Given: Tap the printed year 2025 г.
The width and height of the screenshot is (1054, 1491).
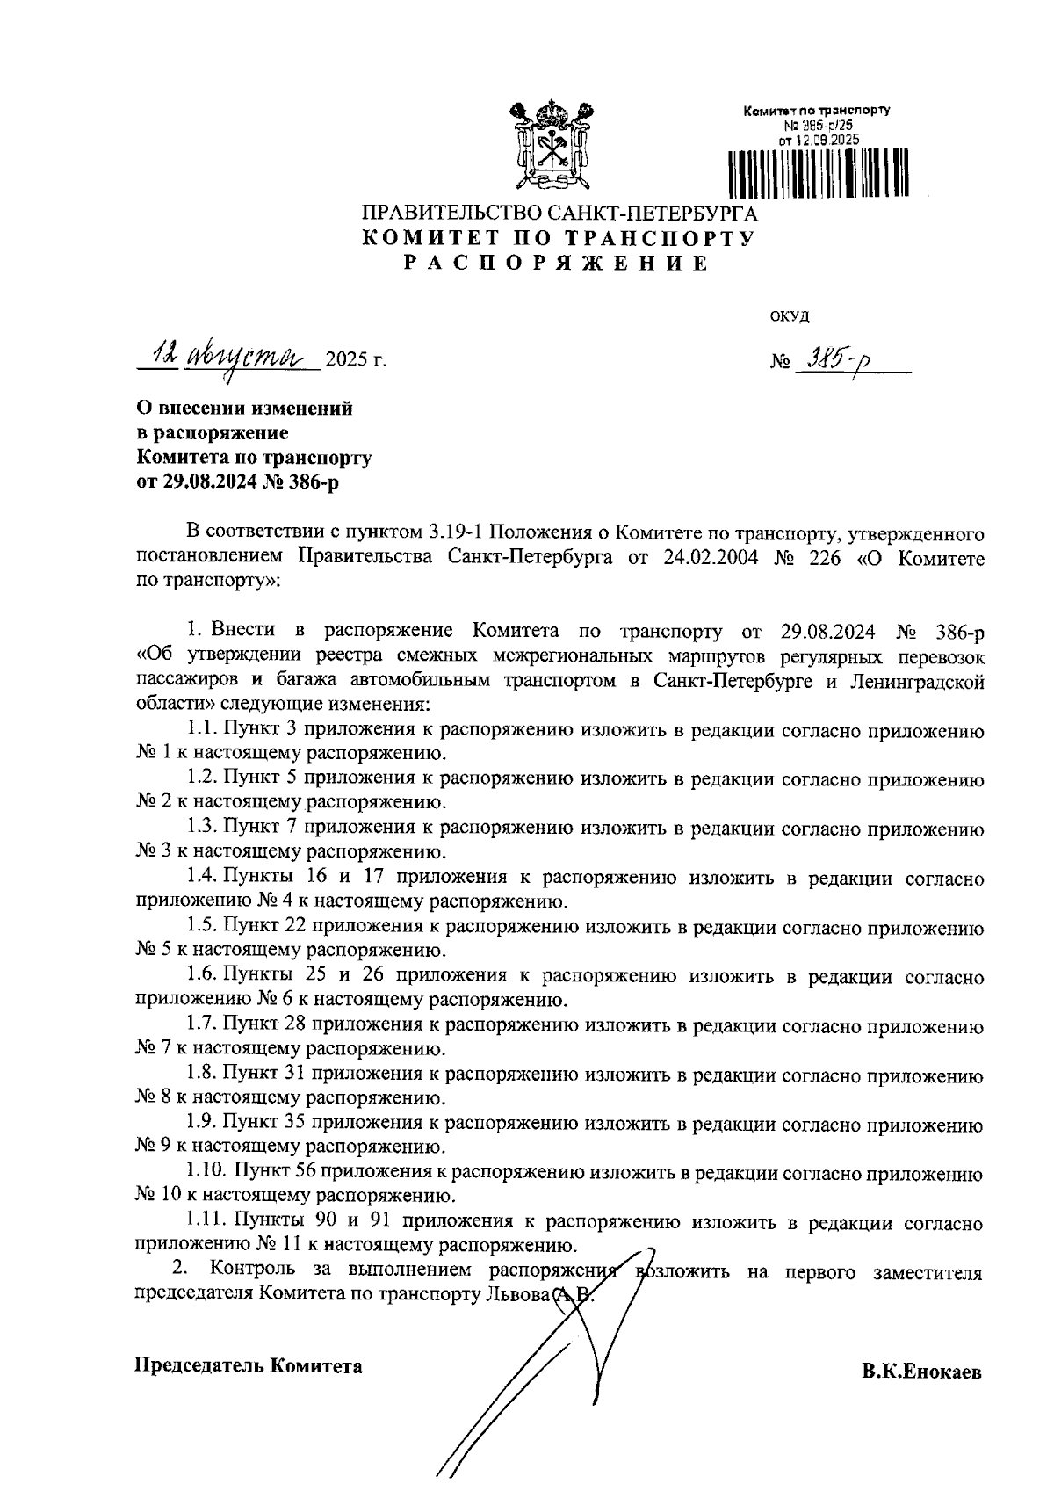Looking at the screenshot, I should (x=355, y=360).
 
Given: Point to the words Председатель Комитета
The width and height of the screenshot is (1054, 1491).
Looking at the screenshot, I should (x=248, y=1365).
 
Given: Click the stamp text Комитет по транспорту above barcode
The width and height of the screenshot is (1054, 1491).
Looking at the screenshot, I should (x=817, y=112).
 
